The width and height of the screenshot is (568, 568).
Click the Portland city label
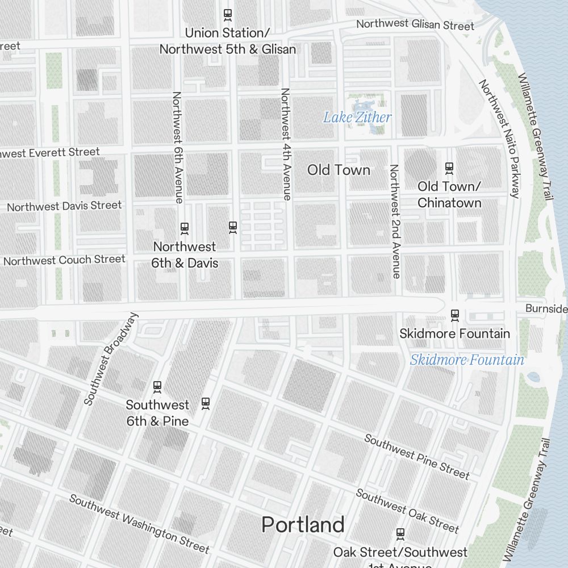click(303, 525)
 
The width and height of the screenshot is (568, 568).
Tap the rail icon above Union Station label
click(228, 14)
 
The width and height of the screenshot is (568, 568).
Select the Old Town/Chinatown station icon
click(449, 168)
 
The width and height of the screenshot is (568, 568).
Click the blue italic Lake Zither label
click(357, 118)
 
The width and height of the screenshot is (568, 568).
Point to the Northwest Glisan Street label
click(415, 24)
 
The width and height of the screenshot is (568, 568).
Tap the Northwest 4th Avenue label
click(286, 144)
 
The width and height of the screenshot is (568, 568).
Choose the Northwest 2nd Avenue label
click(395, 221)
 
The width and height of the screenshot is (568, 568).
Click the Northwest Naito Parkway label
click(500, 139)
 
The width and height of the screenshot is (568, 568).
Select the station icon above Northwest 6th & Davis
click(184, 228)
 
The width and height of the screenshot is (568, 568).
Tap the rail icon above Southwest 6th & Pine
click(157, 387)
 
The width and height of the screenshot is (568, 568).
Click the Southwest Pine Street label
click(417, 457)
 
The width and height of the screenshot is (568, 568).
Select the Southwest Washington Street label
click(139, 523)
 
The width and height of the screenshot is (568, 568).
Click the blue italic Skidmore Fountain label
click(467, 360)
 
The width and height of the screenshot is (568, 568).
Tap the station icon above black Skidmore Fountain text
click(454, 314)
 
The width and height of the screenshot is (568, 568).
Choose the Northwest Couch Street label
click(64, 260)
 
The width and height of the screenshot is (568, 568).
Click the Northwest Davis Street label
click(64, 206)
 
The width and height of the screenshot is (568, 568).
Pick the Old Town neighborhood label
click(339, 170)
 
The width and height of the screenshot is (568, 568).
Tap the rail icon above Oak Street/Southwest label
click(400, 534)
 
